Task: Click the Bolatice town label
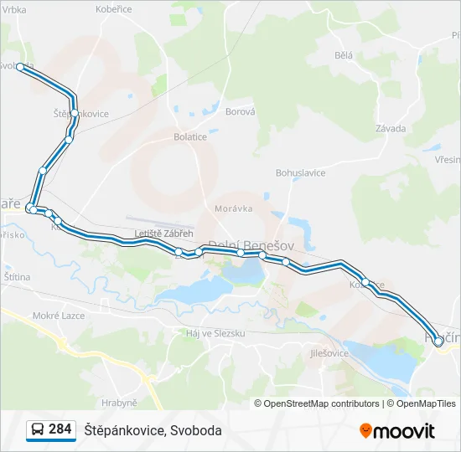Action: [190, 136]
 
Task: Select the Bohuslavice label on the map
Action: [300, 172]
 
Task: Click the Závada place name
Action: [391, 129]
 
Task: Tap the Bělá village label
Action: [343, 55]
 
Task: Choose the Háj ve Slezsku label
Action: [214, 333]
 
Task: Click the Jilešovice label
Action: [329, 354]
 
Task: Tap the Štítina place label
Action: [17, 276]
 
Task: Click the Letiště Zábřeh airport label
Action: [163, 234]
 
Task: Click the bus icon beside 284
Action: [38, 429]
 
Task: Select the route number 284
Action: [60, 429]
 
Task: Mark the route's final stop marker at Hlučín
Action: [438, 342]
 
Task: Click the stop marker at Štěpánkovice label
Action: [75, 112]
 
